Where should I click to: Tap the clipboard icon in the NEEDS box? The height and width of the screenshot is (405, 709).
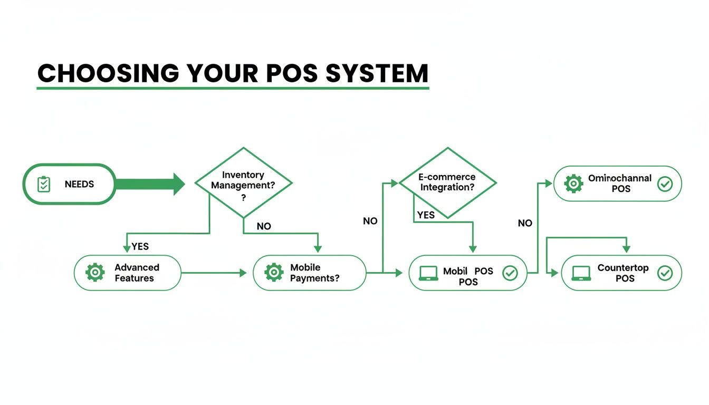[44, 184]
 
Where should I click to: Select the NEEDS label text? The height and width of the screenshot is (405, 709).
[79, 184]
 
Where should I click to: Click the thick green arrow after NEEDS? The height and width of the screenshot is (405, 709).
[150, 184]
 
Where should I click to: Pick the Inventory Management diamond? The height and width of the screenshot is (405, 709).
[243, 182]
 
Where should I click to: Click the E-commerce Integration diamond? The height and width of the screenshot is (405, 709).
[447, 182]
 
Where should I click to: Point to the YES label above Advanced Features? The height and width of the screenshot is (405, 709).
[140, 246]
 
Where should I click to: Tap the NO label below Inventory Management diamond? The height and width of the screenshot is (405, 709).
[264, 226]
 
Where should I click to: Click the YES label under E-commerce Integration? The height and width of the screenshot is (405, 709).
[426, 215]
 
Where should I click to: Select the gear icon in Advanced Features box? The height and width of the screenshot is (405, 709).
[95, 273]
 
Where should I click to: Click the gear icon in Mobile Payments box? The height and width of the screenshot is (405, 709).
[273, 273]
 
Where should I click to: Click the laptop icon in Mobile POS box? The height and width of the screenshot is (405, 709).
[428, 273]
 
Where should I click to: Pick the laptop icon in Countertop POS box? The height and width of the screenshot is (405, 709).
[581, 273]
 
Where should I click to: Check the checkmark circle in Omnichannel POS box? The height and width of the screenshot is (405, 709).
[665, 184]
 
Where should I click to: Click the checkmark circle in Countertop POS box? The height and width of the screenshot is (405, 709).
[665, 273]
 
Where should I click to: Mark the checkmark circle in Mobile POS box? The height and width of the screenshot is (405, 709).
[510, 273]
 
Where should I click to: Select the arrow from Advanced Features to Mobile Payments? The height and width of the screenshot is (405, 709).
[214, 273]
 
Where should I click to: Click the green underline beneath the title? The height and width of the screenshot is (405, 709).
[233, 88]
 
